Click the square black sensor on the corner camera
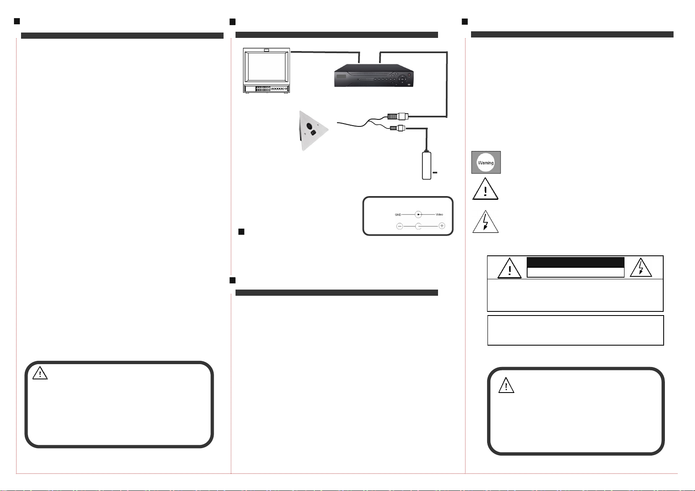[x=313, y=133]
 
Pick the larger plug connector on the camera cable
[x=397, y=116]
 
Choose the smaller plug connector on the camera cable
[x=398, y=128]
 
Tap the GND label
[x=398, y=215]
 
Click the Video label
[x=439, y=215]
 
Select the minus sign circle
[x=400, y=226]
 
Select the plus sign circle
[x=442, y=226]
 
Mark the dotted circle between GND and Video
[x=418, y=215]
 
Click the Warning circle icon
[x=486, y=162]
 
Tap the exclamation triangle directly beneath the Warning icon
[x=485, y=190]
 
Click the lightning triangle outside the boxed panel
[x=485, y=223]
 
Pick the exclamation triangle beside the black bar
[x=509, y=269]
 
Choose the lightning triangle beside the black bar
[x=641, y=268]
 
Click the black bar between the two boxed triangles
[x=575, y=262]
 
